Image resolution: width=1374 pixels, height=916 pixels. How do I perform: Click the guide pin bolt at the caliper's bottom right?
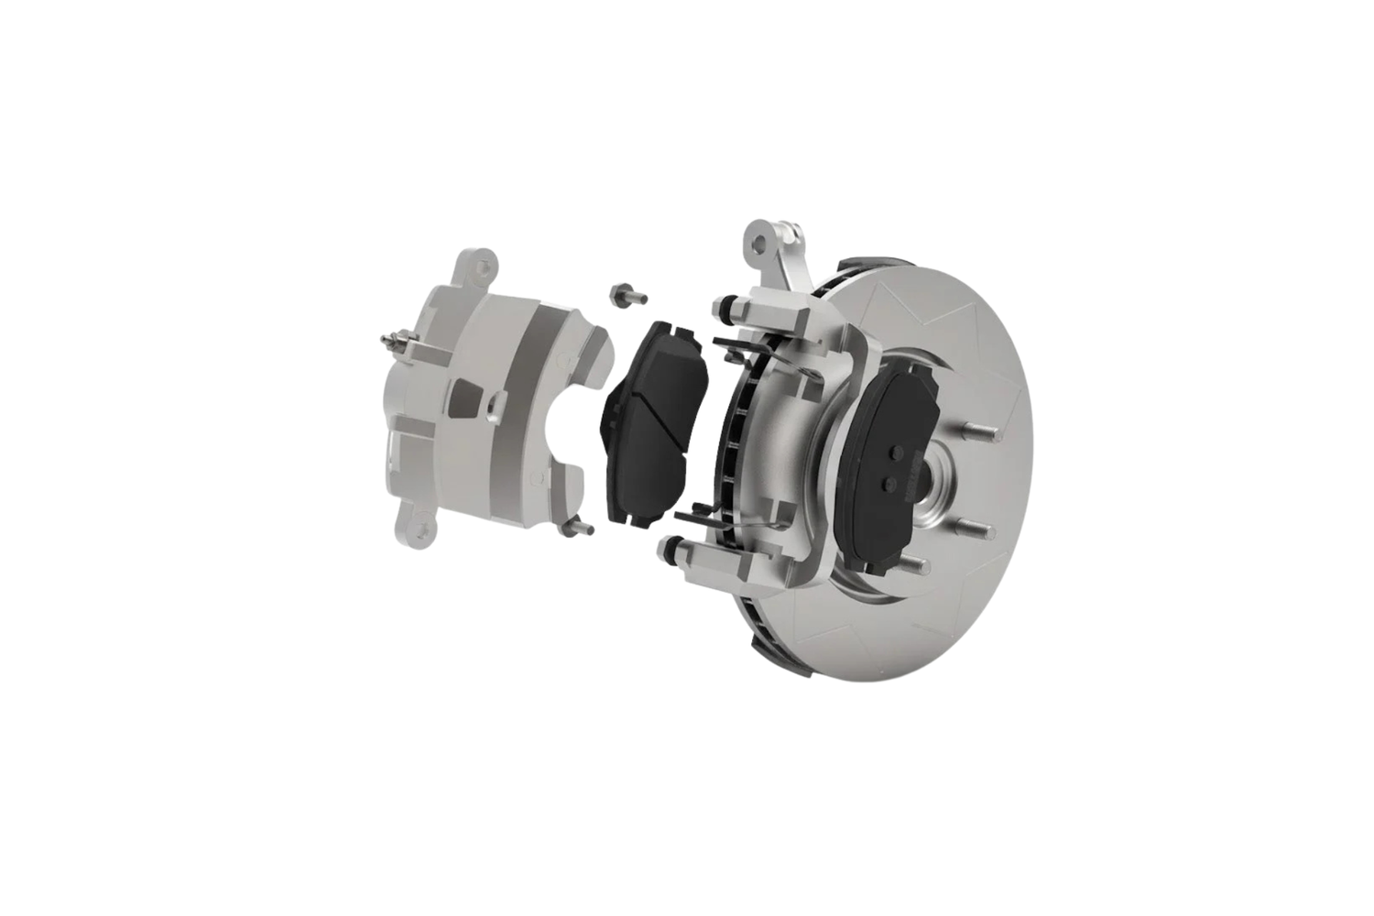coord(578,528)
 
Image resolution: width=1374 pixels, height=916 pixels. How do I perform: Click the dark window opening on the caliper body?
coord(465,396)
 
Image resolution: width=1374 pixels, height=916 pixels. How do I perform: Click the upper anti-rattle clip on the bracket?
coord(733,346)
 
